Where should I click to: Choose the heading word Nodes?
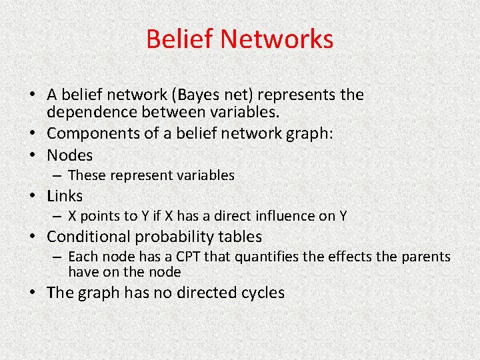[70, 155]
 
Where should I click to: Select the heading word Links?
[65, 196]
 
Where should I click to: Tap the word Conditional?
[90, 237]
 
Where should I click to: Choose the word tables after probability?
[239, 237]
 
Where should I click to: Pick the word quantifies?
[263, 257]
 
